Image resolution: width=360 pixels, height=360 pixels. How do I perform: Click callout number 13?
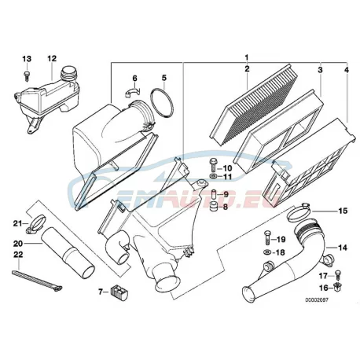(x=27, y=59)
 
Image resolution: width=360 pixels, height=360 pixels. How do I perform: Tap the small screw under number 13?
(x=27, y=76)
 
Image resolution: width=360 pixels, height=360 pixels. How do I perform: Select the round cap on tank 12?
(x=68, y=72)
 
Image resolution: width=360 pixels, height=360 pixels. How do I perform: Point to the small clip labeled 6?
(x=132, y=92)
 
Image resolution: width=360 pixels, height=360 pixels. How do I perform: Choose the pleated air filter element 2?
(x=253, y=105)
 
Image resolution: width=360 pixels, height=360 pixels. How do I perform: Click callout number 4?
(x=347, y=70)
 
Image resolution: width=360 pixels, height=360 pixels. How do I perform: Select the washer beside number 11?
(x=213, y=176)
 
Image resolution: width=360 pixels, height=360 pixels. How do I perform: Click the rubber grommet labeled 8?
(x=214, y=207)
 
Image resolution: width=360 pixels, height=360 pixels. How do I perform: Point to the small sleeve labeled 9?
(x=214, y=194)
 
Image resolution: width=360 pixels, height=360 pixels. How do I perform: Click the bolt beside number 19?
(x=267, y=238)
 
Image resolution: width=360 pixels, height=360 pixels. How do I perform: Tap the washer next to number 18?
(x=267, y=252)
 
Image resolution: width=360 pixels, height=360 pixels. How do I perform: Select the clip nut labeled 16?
(x=336, y=288)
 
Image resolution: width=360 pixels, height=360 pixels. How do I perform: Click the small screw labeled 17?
(x=337, y=275)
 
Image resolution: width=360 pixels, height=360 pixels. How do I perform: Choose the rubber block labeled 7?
(x=119, y=292)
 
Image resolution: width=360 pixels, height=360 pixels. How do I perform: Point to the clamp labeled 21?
(x=36, y=223)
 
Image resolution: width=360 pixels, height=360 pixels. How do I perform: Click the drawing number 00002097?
(x=316, y=300)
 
